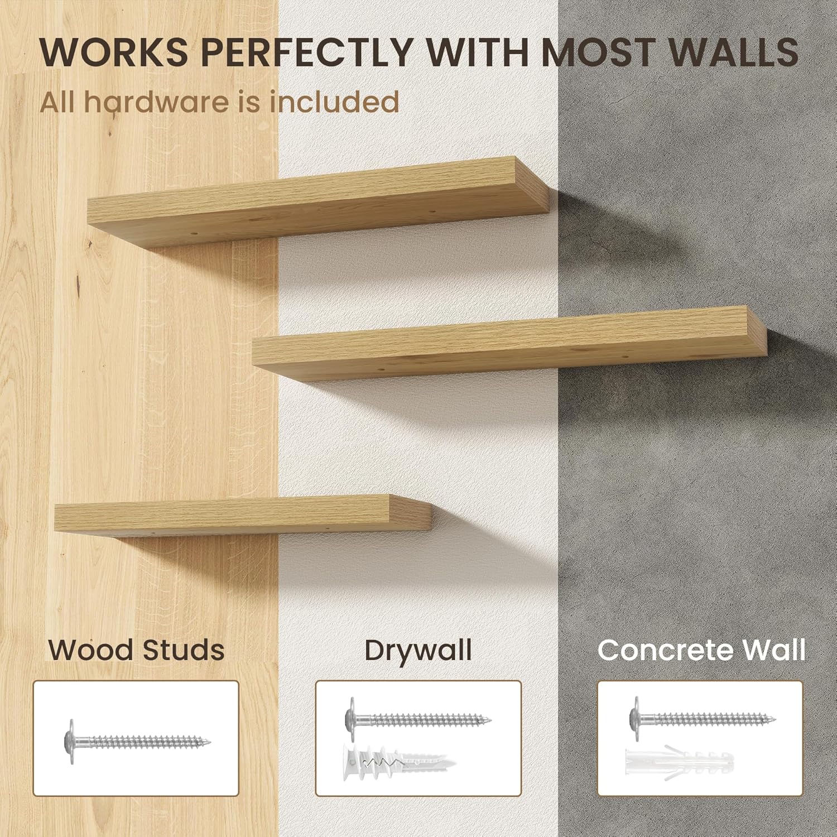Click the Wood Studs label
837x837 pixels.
(x=136, y=650)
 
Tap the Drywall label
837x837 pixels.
(x=418, y=650)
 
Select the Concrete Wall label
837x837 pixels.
(x=701, y=650)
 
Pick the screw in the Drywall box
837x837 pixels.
(x=418, y=718)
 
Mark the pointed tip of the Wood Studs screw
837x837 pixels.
(x=209, y=742)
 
